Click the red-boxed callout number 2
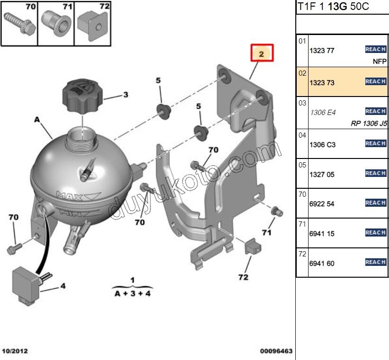coord(262,53)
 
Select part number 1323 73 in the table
coord(322,83)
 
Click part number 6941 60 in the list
coord(322,263)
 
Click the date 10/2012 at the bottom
coord(15,351)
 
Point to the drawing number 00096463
coord(276,351)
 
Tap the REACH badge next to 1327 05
coord(375,173)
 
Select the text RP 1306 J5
coord(369,124)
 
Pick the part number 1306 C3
coord(322,145)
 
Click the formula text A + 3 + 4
coord(132,293)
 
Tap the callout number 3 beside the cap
coord(125,95)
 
